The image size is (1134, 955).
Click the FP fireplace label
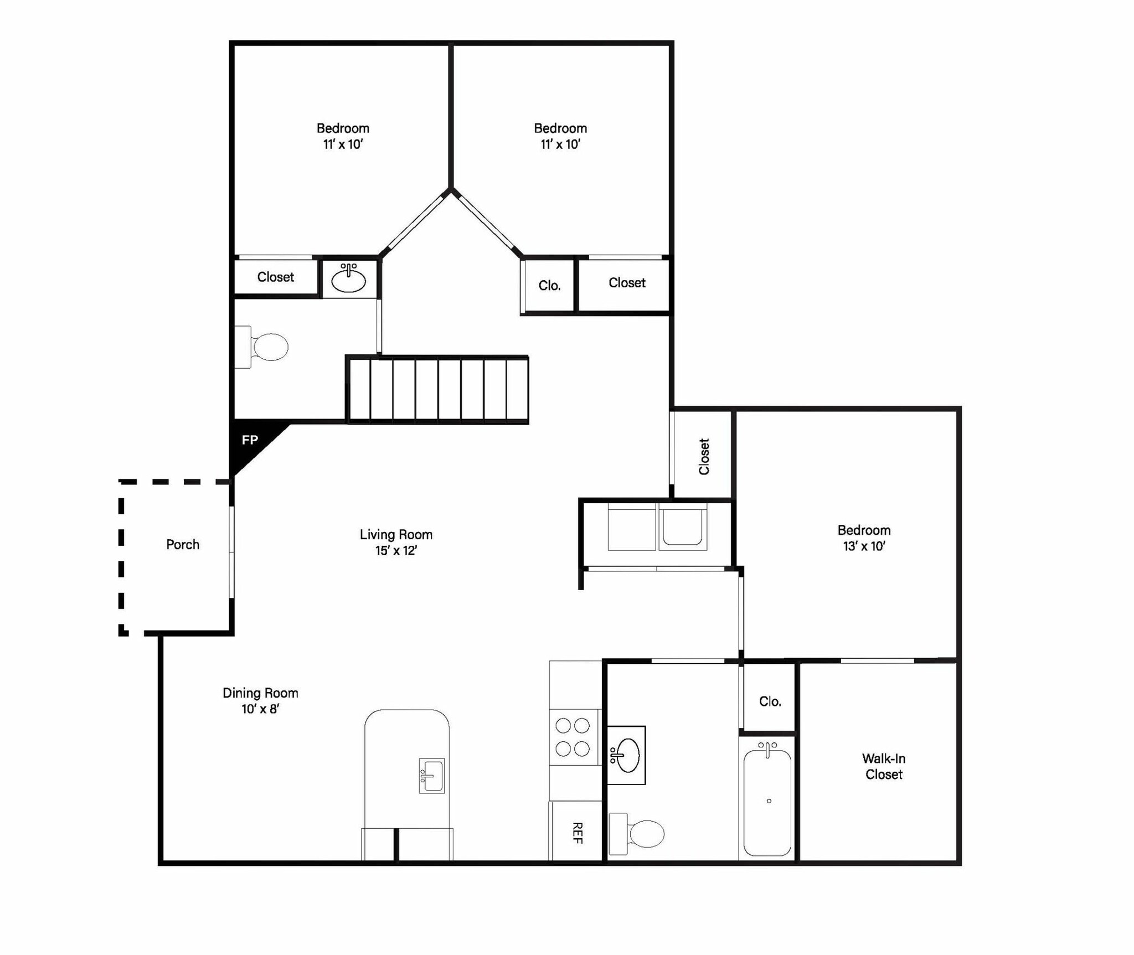(250, 440)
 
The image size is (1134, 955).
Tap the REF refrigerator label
(577, 833)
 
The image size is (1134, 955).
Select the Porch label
(183, 544)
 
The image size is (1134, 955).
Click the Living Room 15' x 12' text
(396, 542)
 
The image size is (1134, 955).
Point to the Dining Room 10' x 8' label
(260, 700)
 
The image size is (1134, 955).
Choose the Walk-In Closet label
(884, 766)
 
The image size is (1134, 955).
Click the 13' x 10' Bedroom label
(864, 538)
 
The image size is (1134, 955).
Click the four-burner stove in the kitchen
(573, 737)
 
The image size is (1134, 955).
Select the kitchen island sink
(432, 776)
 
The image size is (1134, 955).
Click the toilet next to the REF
(637, 834)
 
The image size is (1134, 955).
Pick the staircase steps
(437, 390)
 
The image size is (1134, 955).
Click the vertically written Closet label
(704, 456)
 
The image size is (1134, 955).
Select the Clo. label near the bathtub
(770, 701)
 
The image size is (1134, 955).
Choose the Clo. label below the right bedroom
(549, 286)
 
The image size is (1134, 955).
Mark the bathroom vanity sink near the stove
(626, 755)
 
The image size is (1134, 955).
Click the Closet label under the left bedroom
(275, 277)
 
